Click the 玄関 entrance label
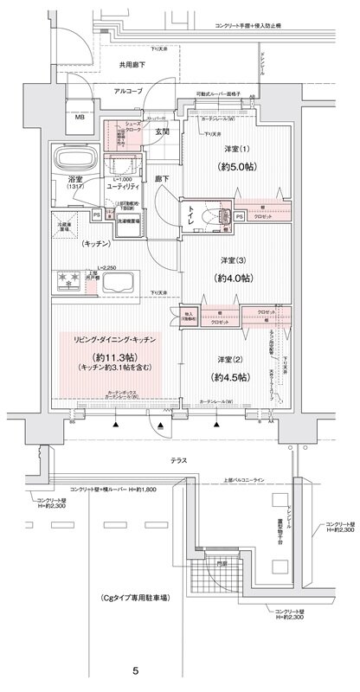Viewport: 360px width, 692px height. [x=162, y=132]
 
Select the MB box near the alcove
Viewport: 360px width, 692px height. [x=79, y=118]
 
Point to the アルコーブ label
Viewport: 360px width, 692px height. [x=126, y=90]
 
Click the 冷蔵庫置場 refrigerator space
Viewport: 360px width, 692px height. [x=67, y=224]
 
